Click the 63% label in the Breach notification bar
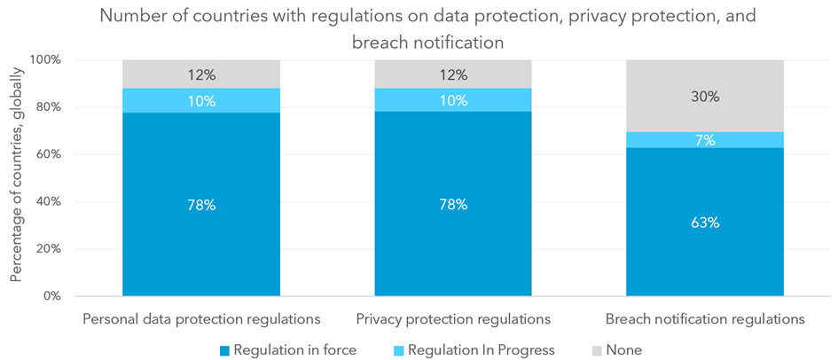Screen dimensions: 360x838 click(x=705, y=223)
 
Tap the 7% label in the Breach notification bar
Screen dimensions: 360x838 click(x=705, y=140)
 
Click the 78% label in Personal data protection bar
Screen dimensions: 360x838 click(x=201, y=205)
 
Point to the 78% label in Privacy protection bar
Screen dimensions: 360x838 click(x=453, y=205)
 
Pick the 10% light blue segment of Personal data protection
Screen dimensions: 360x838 click(x=201, y=101)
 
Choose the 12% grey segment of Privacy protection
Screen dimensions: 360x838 click(x=453, y=74)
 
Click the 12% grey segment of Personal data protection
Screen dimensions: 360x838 click(x=201, y=74)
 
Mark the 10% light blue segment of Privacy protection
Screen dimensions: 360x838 click(x=453, y=101)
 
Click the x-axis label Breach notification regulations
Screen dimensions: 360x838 click(x=705, y=317)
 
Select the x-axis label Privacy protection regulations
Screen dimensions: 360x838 click(x=453, y=317)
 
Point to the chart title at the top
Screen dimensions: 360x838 click(x=419, y=27)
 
